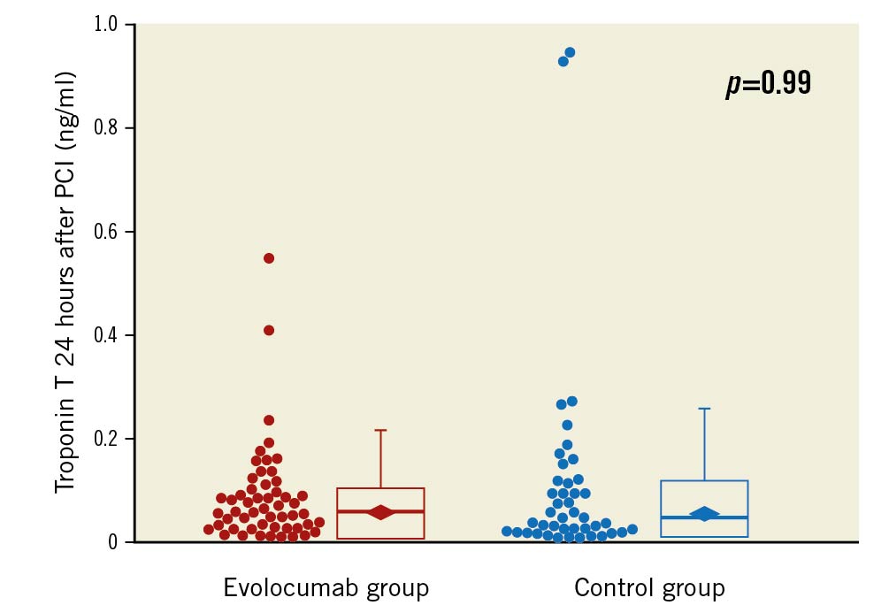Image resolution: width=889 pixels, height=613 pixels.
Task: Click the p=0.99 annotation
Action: coord(768,84)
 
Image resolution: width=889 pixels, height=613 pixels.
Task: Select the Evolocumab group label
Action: coord(326,588)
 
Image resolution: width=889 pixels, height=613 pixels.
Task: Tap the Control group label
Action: coord(649,588)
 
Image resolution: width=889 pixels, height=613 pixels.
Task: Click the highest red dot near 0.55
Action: coord(269,258)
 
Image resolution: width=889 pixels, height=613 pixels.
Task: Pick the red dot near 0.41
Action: coord(269,330)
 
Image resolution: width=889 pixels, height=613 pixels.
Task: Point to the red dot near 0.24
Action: coord(269,420)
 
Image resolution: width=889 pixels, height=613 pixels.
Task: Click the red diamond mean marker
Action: coord(381,512)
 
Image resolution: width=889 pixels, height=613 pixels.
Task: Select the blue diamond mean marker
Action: coord(704,514)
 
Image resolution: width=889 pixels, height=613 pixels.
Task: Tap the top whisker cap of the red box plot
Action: coord(381,430)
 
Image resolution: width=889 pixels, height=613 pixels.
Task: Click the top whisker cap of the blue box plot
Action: coord(705,409)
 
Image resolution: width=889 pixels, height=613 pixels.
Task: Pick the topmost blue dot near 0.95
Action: coord(570,52)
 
